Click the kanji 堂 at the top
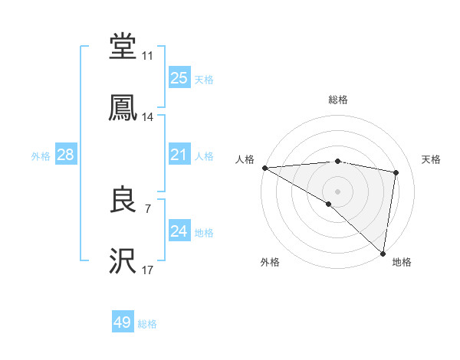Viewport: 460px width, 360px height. click(x=123, y=47)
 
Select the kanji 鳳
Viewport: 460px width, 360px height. click(x=123, y=108)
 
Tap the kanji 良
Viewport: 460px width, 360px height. click(x=123, y=200)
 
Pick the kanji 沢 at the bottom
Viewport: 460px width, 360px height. click(x=123, y=261)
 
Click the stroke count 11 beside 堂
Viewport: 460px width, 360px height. click(x=148, y=56)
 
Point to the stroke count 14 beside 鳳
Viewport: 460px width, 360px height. click(x=148, y=117)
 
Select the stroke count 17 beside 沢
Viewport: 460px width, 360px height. click(x=148, y=270)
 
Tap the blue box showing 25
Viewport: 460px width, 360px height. click(x=179, y=77)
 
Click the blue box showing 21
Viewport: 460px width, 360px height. click(x=179, y=155)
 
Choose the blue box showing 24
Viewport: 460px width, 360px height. click(x=179, y=231)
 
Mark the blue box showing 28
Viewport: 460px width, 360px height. click(x=66, y=155)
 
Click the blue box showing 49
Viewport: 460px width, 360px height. click(x=123, y=322)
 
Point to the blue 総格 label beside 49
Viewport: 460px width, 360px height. click(x=148, y=324)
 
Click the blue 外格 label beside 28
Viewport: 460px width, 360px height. click(x=41, y=155)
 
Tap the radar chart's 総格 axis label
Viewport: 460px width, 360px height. click(x=337, y=100)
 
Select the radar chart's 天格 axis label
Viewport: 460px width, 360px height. click(x=432, y=159)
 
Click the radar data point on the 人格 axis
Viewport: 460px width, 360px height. click(x=264, y=168)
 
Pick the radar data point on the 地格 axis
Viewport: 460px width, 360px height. click(x=383, y=253)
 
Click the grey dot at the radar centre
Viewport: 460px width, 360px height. click(x=337, y=190)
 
